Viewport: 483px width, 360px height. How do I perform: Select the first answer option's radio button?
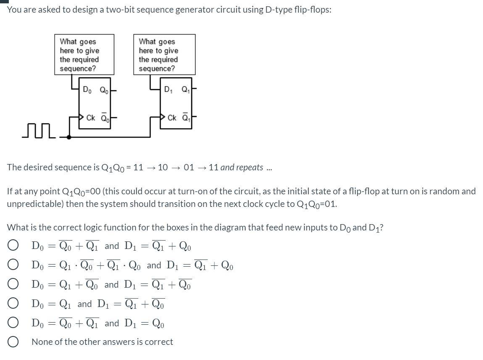(x=13, y=246)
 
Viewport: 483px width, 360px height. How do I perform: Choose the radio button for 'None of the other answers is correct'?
(x=13, y=342)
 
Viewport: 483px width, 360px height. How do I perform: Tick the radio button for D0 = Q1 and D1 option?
(x=13, y=304)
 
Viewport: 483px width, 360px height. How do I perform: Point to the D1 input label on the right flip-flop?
(x=168, y=90)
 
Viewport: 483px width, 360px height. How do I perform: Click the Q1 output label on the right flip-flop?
(x=185, y=90)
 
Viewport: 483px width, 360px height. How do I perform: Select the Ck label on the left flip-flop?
(x=90, y=118)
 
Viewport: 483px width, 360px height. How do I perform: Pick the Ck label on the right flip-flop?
(x=172, y=118)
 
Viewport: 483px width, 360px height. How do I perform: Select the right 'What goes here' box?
(x=164, y=55)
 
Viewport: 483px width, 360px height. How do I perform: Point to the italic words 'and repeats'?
(x=242, y=167)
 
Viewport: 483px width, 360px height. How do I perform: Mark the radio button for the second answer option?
(x=13, y=265)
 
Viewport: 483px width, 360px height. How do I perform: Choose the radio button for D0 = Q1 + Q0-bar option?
(x=13, y=284)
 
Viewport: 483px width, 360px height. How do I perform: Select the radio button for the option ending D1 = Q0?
(x=13, y=323)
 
